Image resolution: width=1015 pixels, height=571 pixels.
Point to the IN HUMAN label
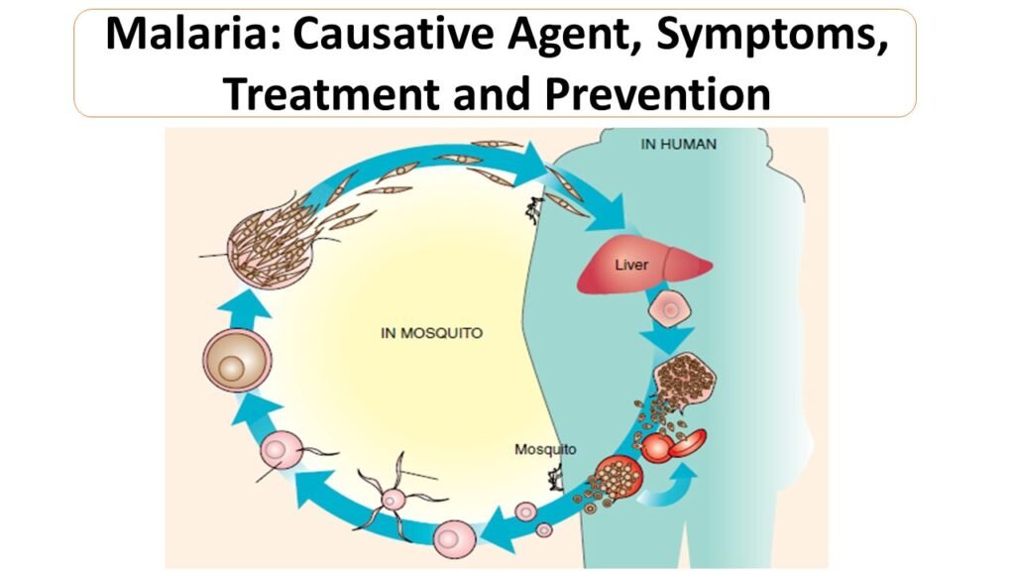pyautogui.click(x=678, y=145)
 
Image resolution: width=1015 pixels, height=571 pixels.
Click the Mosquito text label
pyautogui.click(x=545, y=449)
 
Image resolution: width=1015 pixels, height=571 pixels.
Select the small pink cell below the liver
pyautogui.click(x=669, y=311)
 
